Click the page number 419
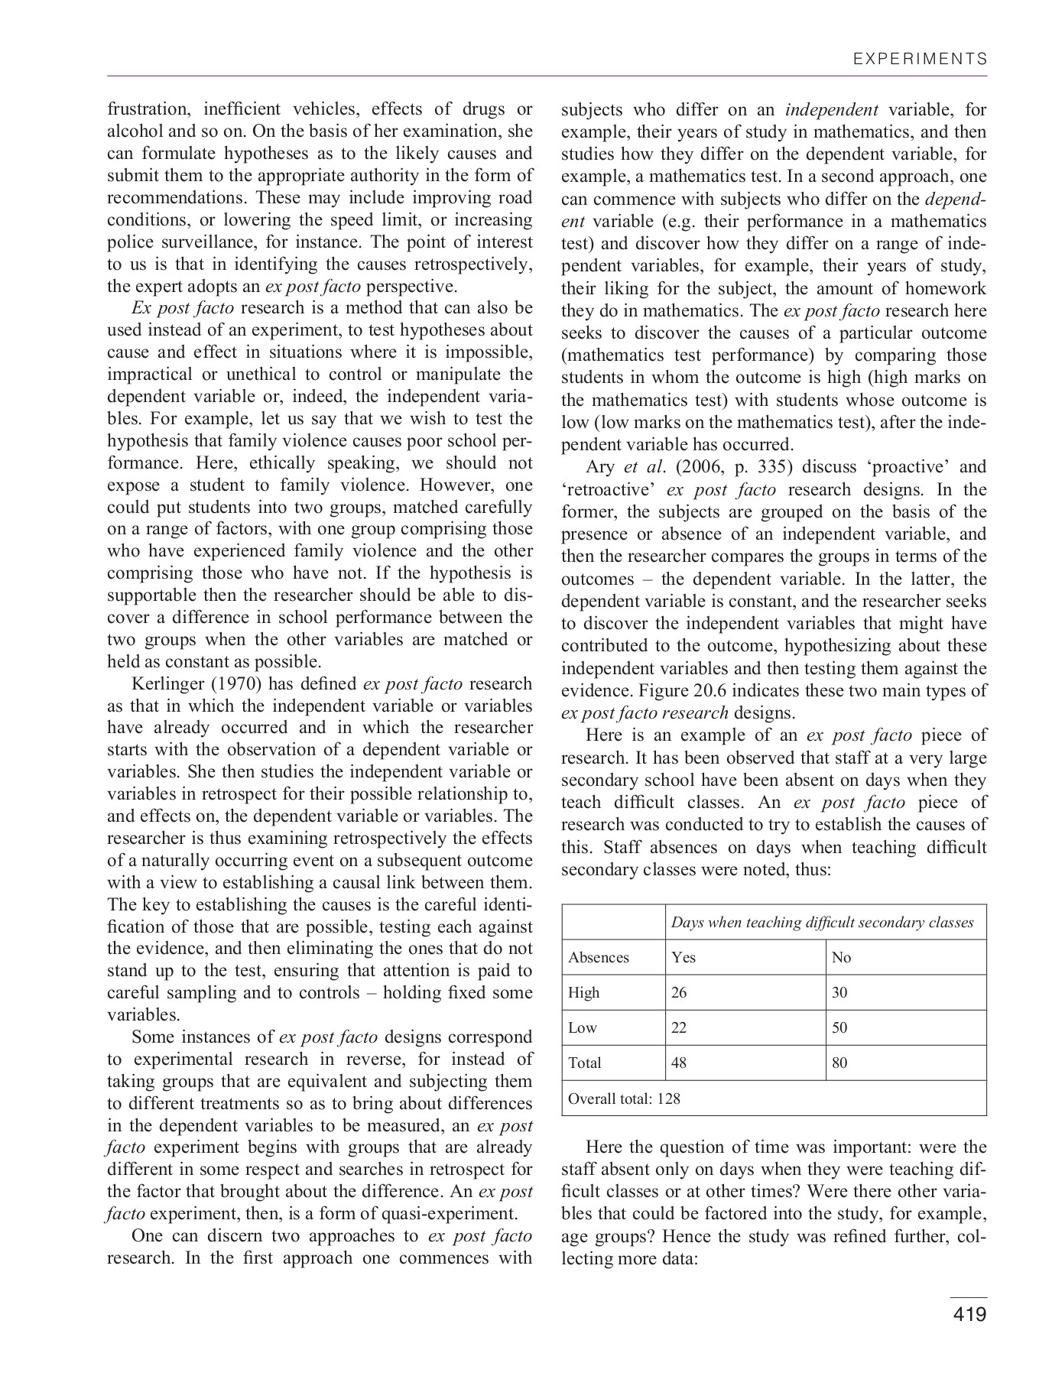pos(969,1314)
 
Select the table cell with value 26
pos(679,993)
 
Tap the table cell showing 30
pos(840,993)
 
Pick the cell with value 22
pos(679,1028)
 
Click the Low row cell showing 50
pos(840,1028)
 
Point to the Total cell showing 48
pos(679,1063)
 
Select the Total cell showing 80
pos(840,1063)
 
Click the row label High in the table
pos(584,993)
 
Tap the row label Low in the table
pos(583,1028)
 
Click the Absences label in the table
pos(599,958)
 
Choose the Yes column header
pos(683,958)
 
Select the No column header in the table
pos(841,958)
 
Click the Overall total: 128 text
pos(624,1099)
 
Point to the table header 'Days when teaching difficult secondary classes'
pos(822,923)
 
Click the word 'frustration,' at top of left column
pos(145,109)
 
